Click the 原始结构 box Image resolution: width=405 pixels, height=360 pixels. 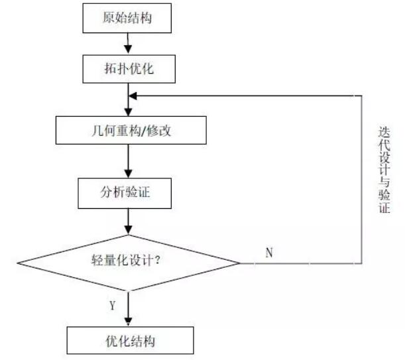coord(127,19)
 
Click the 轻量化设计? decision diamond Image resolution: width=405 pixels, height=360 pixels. coord(127,263)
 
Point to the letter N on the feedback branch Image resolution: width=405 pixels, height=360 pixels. coord(269,253)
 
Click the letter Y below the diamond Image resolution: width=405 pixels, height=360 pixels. coord(112,306)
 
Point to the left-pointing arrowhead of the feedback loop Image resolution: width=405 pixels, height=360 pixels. coord(133,95)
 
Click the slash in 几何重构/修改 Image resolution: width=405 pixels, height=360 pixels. coord(156,131)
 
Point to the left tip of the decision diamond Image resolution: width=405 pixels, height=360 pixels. coord(17,263)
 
